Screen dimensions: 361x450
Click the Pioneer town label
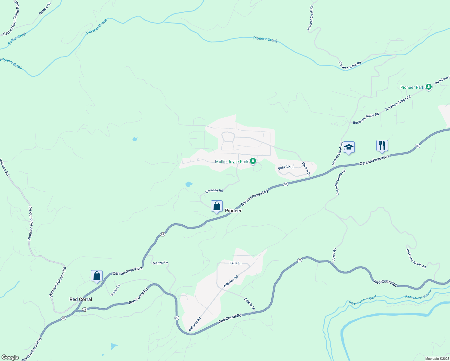pos(233,211)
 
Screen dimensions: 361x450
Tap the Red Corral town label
pos(81,299)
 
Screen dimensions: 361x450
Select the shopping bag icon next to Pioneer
pos(217,206)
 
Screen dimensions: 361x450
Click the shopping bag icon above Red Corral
pos(97,276)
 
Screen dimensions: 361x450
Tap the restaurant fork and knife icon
pos(382,146)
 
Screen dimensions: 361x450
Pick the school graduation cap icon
pos(349,147)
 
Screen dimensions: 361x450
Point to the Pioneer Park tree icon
pos(429,87)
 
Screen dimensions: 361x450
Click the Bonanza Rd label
pos(214,191)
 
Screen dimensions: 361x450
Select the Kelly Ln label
pos(236,263)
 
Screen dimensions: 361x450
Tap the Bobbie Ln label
pos(249,304)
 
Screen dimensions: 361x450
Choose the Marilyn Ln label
pos(160,263)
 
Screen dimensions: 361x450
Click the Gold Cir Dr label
pos(286,167)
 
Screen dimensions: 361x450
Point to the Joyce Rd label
pos(334,254)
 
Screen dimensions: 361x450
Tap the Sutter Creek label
pos(18,39)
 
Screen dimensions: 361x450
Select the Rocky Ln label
pos(116,290)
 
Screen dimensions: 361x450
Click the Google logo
pos(10,357)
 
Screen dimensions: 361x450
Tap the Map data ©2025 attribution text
pos(436,359)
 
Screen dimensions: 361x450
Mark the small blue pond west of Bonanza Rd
pos(189,184)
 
